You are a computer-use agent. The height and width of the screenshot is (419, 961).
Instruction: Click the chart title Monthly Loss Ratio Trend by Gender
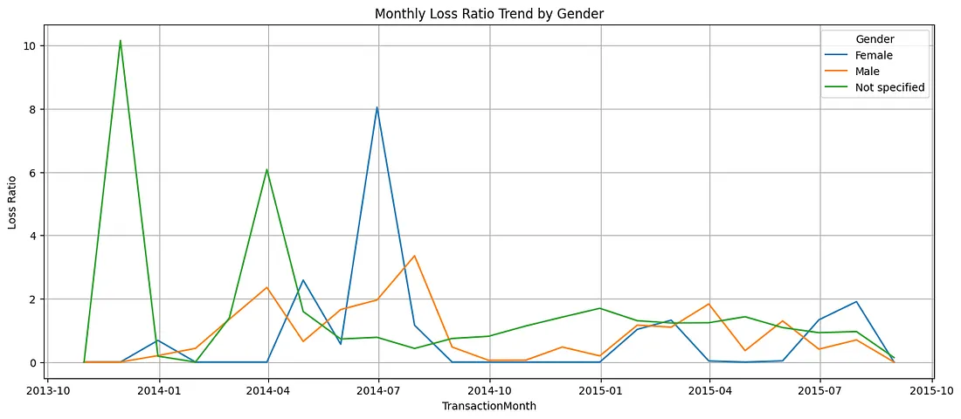click(x=489, y=13)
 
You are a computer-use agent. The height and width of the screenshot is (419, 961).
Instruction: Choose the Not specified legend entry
click(x=889, y=87)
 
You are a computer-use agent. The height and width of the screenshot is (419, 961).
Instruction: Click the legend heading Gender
click(x=874, y=38)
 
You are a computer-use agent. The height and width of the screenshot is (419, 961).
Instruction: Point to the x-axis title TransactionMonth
click(x=489, y=407)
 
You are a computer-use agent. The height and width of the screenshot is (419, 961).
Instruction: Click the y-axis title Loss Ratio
click(x=12, y=202)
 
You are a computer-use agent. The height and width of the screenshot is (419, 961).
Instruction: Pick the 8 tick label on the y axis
click(x=31, y=109)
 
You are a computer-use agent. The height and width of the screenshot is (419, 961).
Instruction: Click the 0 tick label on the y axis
click(x=31, y=362)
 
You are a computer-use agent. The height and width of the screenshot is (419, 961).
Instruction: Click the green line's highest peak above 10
click(x=121, y=40)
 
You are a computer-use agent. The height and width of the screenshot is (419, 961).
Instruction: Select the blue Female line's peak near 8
click(x=377, y=107)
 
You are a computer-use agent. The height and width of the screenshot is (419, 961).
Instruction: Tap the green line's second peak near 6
click(x=266, y=169)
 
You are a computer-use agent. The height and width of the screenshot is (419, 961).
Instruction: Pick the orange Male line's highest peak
click(x=414, y=256)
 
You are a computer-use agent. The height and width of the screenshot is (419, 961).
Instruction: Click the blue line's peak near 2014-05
click(x=302, y=280)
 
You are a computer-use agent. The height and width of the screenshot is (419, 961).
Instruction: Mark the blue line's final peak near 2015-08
click(x=857, y=302)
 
